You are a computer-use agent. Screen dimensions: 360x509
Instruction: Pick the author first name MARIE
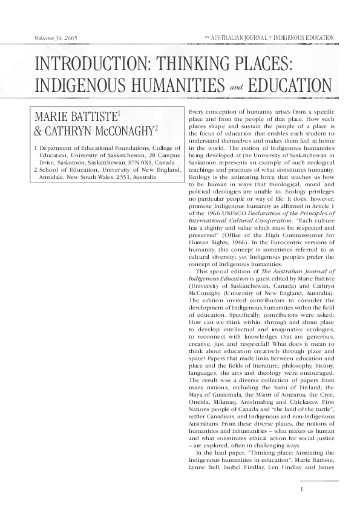click(x=55, y=117)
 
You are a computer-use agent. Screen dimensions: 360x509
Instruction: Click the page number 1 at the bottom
click(x=301, y=488)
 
